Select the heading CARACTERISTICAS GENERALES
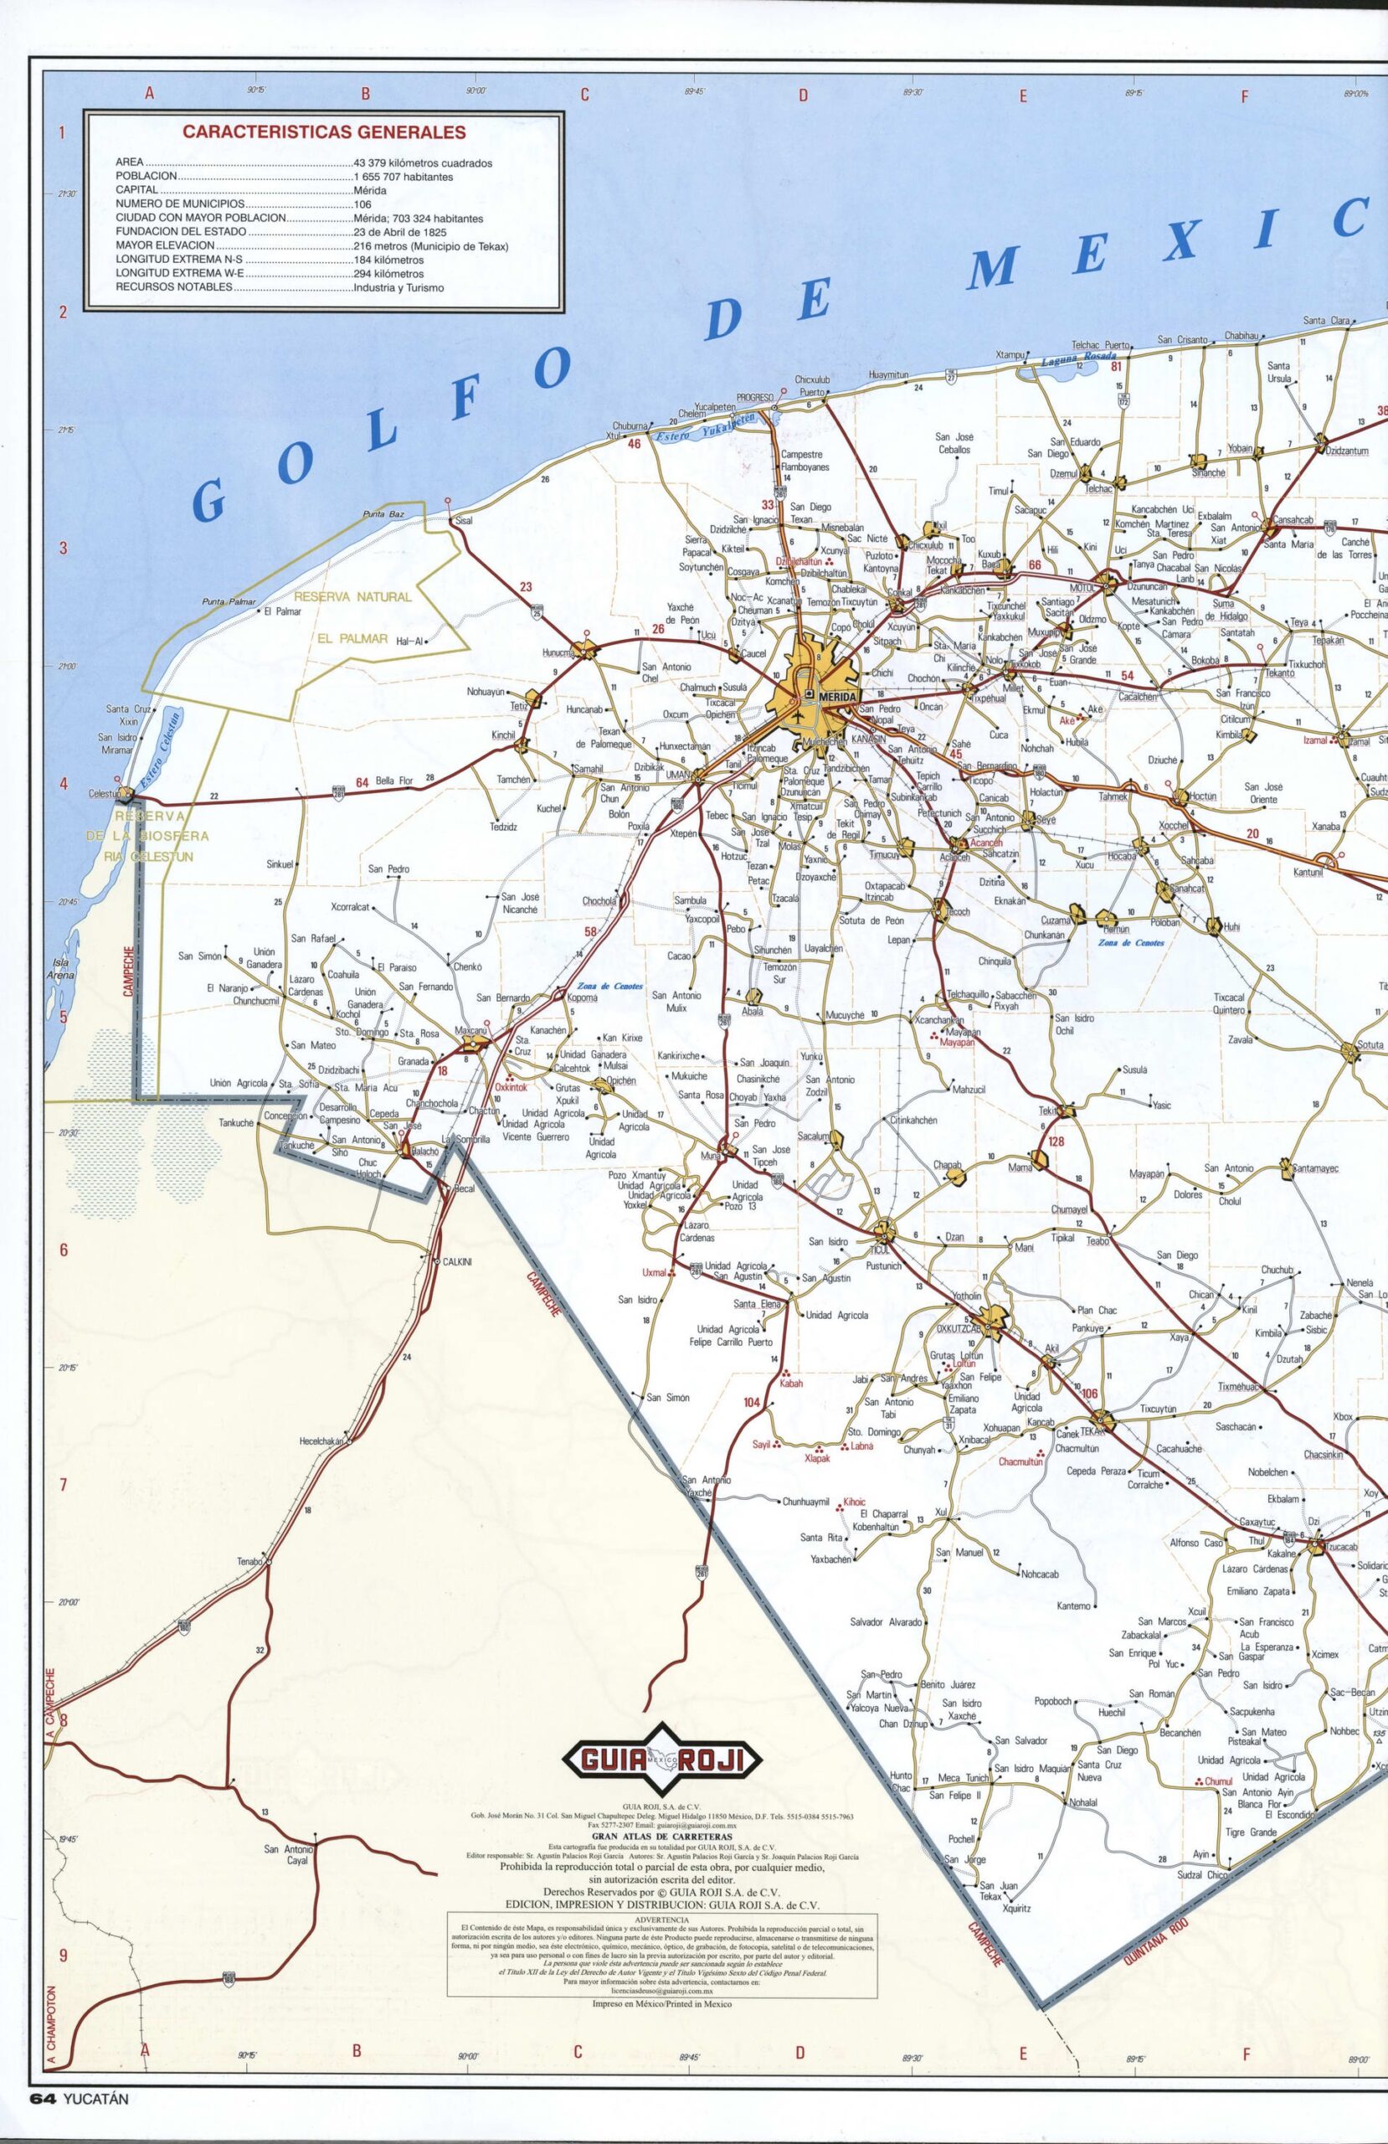tap(324, 131)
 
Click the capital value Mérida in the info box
tap(370, 191)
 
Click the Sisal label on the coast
tap(464, 521)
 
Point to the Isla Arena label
tap(63, 968)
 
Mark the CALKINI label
tap(456, 1262)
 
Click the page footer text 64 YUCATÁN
tap(80, 2123)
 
